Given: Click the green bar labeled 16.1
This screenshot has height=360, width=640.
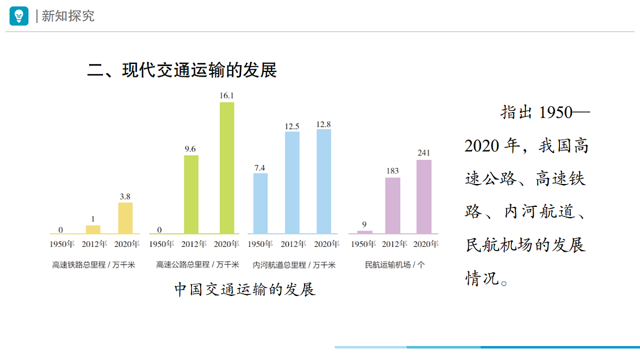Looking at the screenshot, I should [227, 167].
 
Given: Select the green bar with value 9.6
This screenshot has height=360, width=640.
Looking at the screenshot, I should [191, 194].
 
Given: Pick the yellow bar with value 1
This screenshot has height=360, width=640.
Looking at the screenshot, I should [93, 229].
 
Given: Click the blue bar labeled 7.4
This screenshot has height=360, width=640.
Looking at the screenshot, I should [260, 203].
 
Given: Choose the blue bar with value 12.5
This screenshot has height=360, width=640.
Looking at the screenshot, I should [292, 182].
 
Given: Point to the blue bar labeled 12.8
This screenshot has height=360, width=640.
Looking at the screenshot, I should [324, 181].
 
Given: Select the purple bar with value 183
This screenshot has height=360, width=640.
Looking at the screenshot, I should [393, 205].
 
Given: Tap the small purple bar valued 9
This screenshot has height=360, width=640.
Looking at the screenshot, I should [365, 232].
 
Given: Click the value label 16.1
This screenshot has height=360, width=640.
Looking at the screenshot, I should [227, 95].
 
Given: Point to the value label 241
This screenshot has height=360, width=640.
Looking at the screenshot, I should [423, 153].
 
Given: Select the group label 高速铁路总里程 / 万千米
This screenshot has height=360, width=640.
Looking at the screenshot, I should [94, 265].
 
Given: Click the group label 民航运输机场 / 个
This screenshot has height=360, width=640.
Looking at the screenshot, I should [395, 265].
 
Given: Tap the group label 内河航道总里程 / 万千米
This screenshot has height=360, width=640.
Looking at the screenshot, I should [294, 265].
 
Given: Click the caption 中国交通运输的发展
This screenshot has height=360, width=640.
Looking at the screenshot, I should [245, 289].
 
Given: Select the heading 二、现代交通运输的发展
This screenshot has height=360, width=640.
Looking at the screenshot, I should [182, 70].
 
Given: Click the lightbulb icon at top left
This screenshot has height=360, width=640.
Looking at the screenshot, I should [19, 16].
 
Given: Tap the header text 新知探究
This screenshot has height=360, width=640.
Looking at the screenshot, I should [68, 16].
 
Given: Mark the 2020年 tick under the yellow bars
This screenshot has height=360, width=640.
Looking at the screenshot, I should [126, 244].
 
